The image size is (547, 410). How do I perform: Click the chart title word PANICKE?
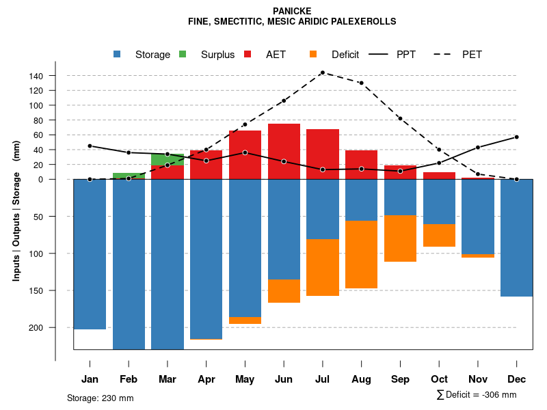click(x=292, y=11)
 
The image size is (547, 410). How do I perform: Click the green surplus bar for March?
click(x=168, y=159)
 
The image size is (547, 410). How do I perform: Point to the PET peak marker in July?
click(x=322, y=72)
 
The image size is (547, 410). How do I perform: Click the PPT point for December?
click(x=517, y=137)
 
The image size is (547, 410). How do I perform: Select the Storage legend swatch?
click(x=118, y=55)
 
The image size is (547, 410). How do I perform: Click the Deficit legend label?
click(x=345, y=55)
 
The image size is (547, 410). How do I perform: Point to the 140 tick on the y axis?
click(x=70, y=75)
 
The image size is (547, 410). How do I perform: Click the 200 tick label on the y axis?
click(x=55, y=327)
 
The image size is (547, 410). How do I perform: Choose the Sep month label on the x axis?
click(x=401, y=379)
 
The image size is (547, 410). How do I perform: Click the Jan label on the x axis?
click(x=90, y=379)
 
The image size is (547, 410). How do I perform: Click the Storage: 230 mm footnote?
click(x=101, y=398)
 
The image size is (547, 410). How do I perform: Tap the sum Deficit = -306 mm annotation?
click(x=476, y=395)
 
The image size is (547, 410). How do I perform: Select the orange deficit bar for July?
click(x=323, y=267)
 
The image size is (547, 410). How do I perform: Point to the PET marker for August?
click(x=361, y=83)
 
